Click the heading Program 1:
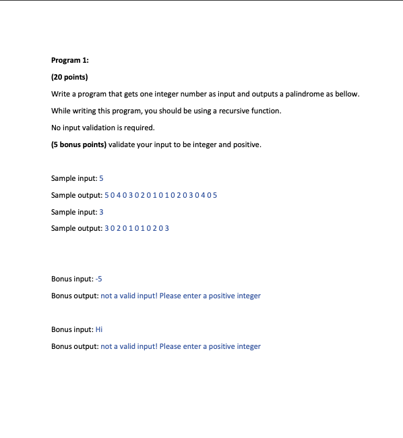70,60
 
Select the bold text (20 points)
69,77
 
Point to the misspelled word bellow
348,94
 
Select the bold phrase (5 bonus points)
78,144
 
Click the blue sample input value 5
101,178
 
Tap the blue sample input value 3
101,212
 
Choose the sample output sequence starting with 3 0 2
137,229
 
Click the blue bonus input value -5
99,279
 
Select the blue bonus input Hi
99,329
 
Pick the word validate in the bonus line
122,144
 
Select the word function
265,111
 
